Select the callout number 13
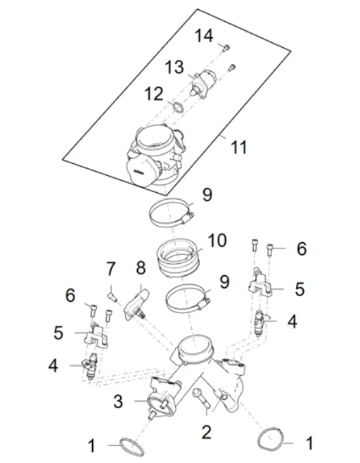(174, 68)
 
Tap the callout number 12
(154, 93)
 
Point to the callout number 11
(240, 147)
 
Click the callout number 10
(217, 241)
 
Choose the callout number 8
(141, 268)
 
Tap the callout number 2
(206, 429)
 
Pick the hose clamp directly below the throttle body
(173, 209)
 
